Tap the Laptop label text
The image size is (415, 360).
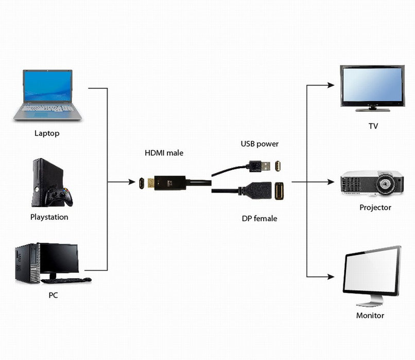pyautogui.click(x=47, y=133)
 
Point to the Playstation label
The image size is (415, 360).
pyautogui.click(x=49, y=217)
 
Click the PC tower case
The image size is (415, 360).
pyautogui.click(x=26, y=263)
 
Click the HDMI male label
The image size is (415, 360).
pyautogui.click(x=164, y=153)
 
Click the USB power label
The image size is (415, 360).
pyautogui.click(x=260, y=144)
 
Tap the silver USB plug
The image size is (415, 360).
pyautogui.click(x=264, y=166)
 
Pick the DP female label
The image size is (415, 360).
pyautogui.click(x=260, y=219)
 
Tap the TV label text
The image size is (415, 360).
pyautogui.click(x=373, y=126)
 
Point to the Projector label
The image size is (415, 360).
pyautogui.click(x=375, y=208)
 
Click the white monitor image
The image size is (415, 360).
pyautogui.click(x=371, y=273)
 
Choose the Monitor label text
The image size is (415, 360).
pyautogui.click(x=370, y=315)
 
